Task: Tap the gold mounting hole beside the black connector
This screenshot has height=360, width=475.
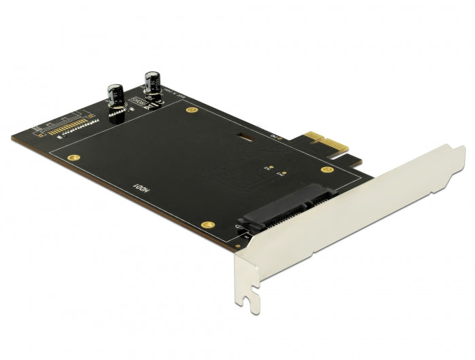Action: coord(209,224)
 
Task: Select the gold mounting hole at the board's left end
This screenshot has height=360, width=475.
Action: coord(69,157)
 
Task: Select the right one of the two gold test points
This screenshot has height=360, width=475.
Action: coord(279,175)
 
